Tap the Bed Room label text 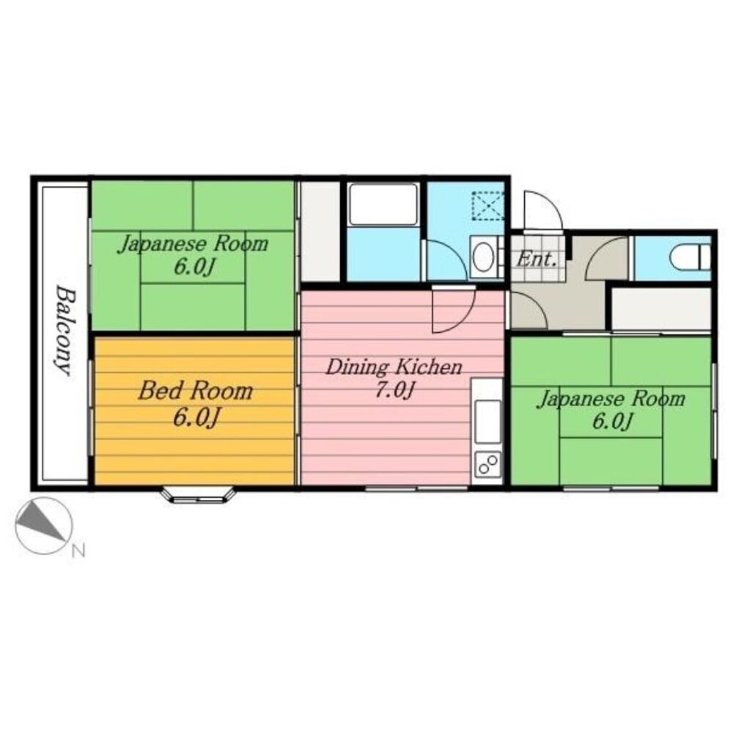(195, 391)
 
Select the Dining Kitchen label (394, 367)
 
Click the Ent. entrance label (537, 258)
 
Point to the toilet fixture (690, 257)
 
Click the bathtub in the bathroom (383, 204)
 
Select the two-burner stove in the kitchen (487, 465)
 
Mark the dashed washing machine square (487, 205)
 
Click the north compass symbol (44, 526)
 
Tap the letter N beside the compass (78, 551)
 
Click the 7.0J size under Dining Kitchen (395, 389)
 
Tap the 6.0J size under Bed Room (196, 416)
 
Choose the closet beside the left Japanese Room (320, 232)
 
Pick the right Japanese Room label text (611, 399)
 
